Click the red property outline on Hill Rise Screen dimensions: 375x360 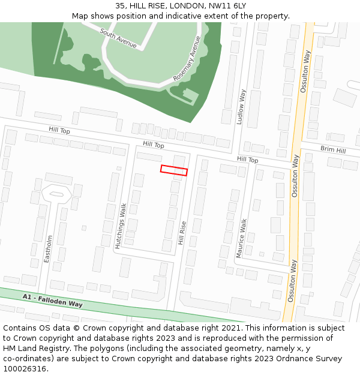tap(174, 170)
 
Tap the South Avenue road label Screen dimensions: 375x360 tap(118, 38)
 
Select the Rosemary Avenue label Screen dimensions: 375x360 tap(187, 59)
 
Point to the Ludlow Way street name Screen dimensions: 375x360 tap(241, 107)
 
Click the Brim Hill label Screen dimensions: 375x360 tap(333, 149)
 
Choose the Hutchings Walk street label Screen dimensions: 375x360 tap(121, 226)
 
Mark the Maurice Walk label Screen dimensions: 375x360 tap(241, 238)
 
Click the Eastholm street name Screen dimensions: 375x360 tap(49, 248)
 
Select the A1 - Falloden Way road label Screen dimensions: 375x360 tap(52, 300)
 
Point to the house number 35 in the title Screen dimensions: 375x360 tap(121, 6)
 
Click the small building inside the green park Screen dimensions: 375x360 tap(191, 95)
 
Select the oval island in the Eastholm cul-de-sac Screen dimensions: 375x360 tap(56, 194)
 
